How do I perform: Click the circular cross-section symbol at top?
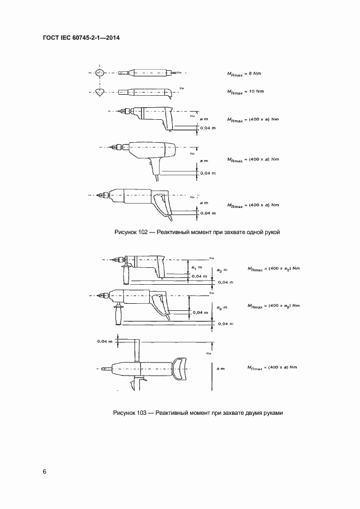pos(99,72)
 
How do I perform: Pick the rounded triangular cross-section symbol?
pos(99,92)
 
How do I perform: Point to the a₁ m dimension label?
pos(198,267)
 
